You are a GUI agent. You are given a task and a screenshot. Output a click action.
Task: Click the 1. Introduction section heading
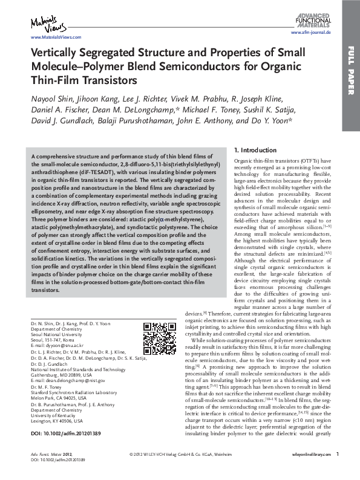pos(255,150)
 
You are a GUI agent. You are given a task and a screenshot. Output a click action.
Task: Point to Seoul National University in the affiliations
pos(56,334)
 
